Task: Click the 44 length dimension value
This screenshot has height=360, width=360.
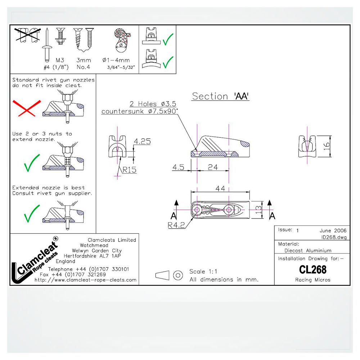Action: (x=220, y=189)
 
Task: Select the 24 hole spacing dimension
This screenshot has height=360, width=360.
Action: (x=213, y=167)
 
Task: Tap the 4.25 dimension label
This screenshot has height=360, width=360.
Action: (x=142, y=141)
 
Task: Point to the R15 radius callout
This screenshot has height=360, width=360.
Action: (x=130, y=170)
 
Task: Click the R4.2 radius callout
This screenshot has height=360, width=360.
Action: (x=176, y=225)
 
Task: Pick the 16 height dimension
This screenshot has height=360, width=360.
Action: (x=327, y=146)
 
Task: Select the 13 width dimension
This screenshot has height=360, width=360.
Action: (x=258, y=210)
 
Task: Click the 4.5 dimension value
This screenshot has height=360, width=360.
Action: (x=179, y=167)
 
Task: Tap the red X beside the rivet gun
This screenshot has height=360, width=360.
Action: (x=27, y=108)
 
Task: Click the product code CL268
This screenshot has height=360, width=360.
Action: (x=313, y=270)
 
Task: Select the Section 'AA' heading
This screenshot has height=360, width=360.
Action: (x=220, y=96)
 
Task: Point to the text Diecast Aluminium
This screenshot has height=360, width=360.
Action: (x=308, y=251)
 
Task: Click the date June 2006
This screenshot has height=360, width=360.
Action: (x=333, y=230)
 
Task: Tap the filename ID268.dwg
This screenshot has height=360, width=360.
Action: (x=334, y=237)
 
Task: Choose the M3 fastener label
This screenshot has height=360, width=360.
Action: (x=60, y=60)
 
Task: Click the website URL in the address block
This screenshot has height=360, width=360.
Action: (x=85, y=280)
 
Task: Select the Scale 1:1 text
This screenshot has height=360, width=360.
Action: (x=203, y=271)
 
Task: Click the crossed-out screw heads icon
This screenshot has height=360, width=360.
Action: (x=28, y=35)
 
